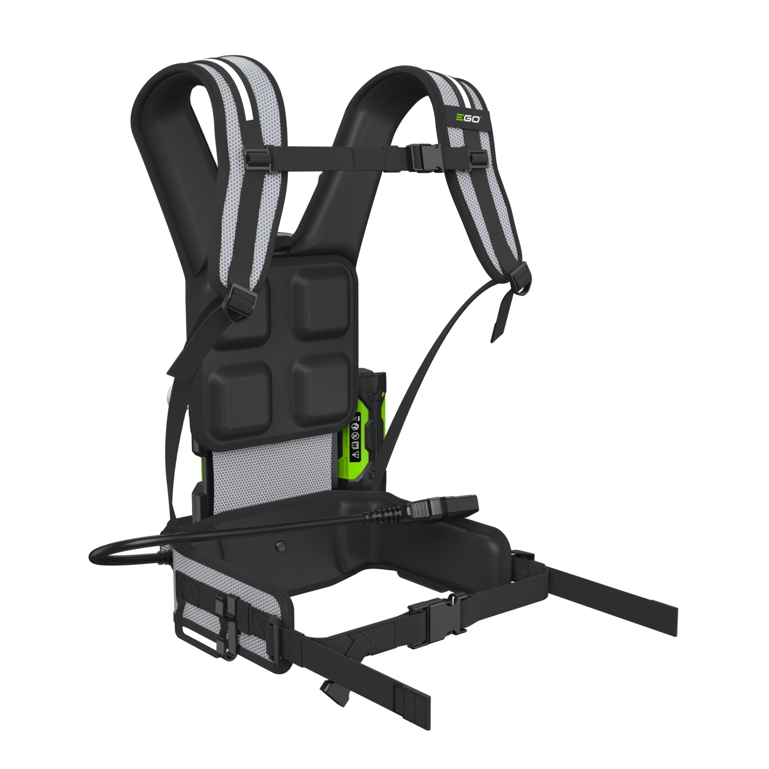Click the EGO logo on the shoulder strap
coord(468,118)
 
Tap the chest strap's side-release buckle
coord(425,158)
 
